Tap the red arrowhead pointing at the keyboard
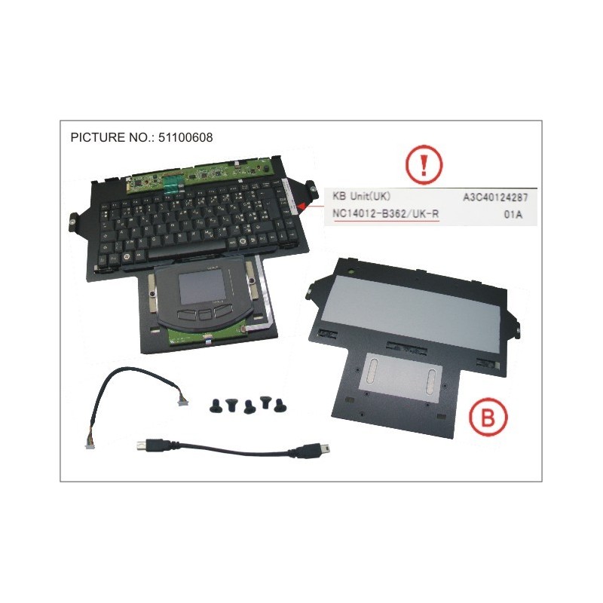click(x=302, y=204)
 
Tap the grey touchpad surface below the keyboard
click(x=202, y=287)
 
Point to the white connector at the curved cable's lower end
click(x=89, y=446)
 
